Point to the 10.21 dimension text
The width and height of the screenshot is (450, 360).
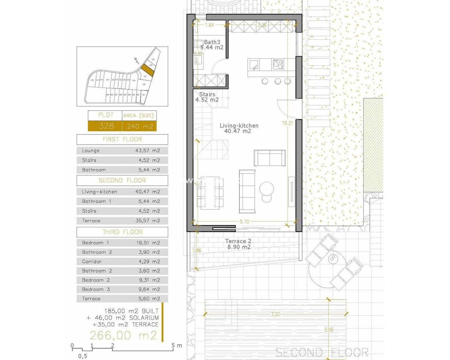click(287, 123)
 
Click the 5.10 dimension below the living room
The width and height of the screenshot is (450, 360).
click(244, 222)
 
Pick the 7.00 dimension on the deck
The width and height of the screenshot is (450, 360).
click(275, 314)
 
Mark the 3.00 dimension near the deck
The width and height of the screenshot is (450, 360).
click(329, 330)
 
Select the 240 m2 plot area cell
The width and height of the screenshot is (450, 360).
click(139, 126)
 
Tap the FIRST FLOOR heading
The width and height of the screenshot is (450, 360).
click(122, 139)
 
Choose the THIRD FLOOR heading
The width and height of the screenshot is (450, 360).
click(122, 232)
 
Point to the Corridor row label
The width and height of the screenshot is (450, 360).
click(92, 262)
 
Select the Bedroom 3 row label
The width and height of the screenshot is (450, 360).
click(96, 289)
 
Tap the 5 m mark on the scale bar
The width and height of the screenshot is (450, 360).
click(173, 345)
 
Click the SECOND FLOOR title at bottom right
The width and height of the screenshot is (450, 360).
click(322, 353)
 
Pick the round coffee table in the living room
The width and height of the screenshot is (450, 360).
click(265, 189)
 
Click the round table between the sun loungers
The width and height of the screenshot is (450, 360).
click(334, 260)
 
